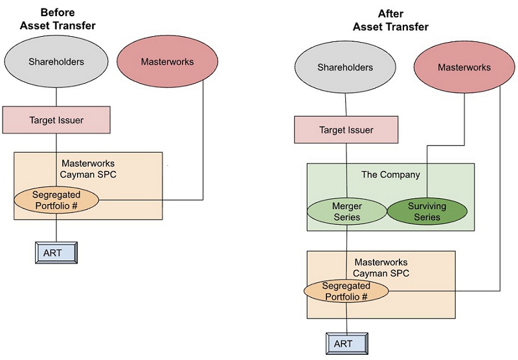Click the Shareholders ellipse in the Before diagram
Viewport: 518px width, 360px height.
pyautogui.click(x=56, y=62)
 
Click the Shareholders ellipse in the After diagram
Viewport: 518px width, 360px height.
pyautogui.click(x=345, y=67)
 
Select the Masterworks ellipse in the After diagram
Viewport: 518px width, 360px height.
pyautogui.click(x=464, y=67)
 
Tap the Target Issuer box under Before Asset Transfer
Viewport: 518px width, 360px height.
pyautogui.click(x=56, y=120)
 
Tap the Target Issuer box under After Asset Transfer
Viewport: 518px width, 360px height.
pyautogui.click(x=346, y=129)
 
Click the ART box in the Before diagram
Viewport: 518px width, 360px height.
pyautogui.click(x=56, y=253)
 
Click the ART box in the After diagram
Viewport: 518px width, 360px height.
pyautogui.click(x=346, y=343)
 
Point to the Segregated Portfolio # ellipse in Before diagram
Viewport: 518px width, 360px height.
pyautogui.click(x=56, y=199)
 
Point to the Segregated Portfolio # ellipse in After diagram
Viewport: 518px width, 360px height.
pyautogui.click(x=346, y=291)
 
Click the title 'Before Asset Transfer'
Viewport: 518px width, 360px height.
pyautogui.click(x=56, y=19)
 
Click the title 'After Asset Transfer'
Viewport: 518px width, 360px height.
pyautogui.click(x=390, y=21)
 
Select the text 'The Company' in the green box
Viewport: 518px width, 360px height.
pyautogui.click(x=390, y=175)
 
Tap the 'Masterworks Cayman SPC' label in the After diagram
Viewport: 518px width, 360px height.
pyautogui.click(x=381, y=268)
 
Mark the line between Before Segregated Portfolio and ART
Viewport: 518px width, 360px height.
pyautogui.click(x=56, y=227)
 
